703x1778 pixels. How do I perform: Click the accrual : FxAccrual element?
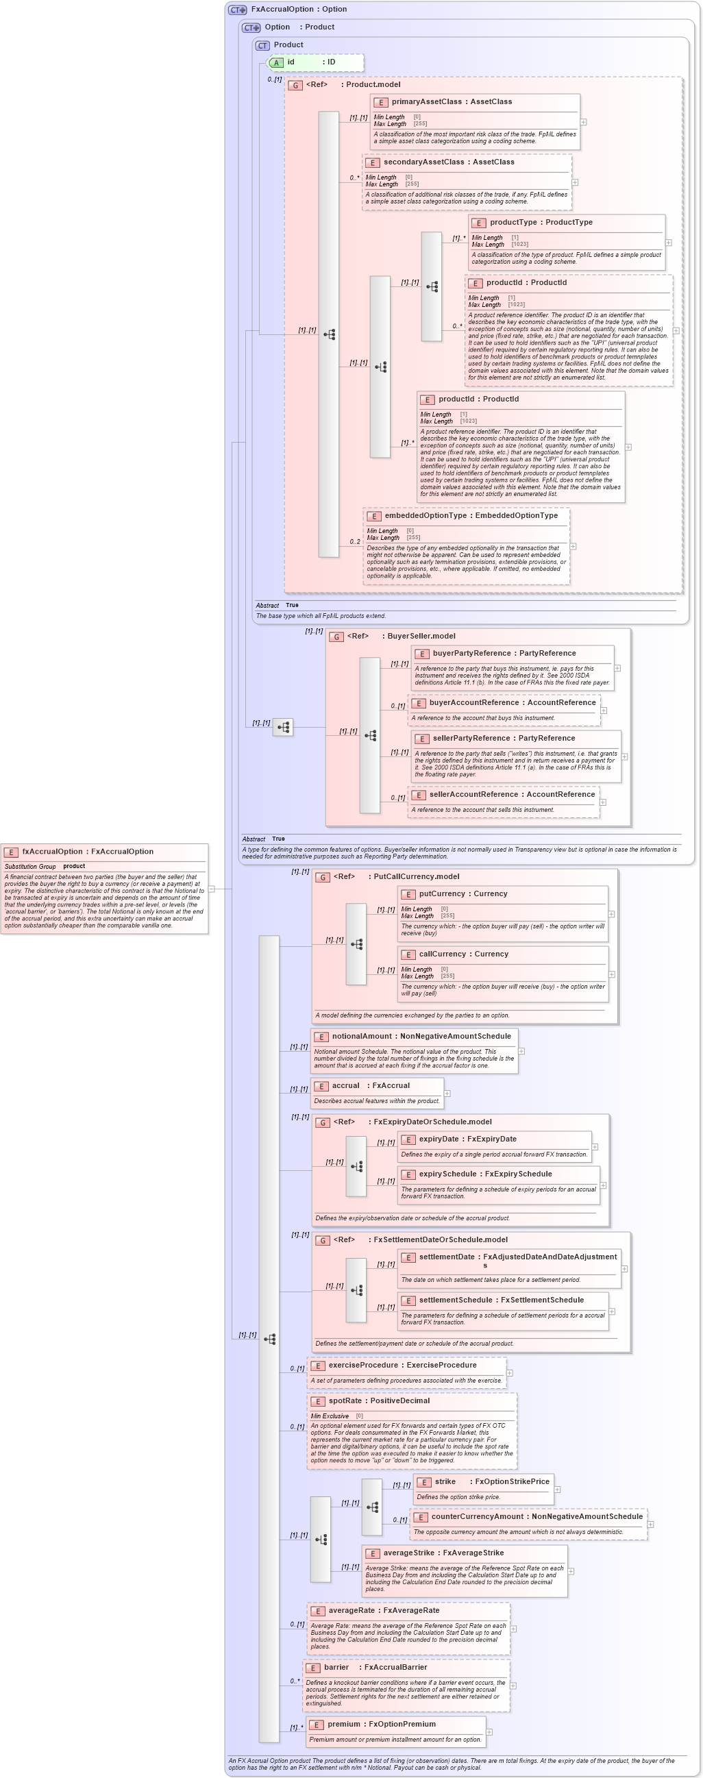tap(370, 1086)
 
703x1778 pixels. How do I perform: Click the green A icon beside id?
tap(276, 63)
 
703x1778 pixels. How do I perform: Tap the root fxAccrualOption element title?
tap(87, 852)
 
